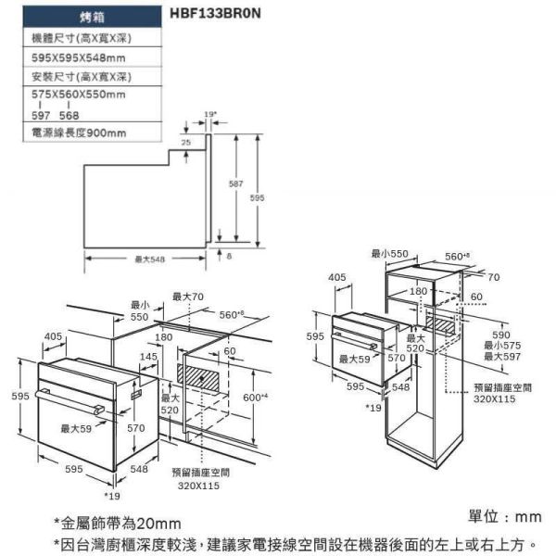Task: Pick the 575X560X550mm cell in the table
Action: point(79,95)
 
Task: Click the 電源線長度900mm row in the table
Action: point(79,133)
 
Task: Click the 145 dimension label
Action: point(148,356)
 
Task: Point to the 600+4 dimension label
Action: point(255,397)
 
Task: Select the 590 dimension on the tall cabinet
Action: point(500,335)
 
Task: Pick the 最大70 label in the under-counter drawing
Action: point(187,297)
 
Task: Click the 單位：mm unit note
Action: point(506,516)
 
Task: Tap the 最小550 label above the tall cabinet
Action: point(389,253)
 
